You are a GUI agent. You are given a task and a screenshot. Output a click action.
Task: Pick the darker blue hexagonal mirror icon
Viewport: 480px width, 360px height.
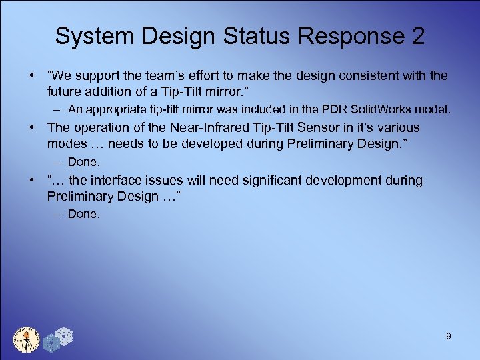pos(51,343)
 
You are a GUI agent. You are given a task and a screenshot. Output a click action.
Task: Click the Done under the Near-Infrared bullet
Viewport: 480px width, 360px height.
pos(83,161)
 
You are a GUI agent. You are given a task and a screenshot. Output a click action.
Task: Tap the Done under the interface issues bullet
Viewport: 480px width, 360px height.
pos(83,214)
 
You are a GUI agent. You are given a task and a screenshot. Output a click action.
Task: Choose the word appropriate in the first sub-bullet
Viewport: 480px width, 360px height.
pos(109,109)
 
